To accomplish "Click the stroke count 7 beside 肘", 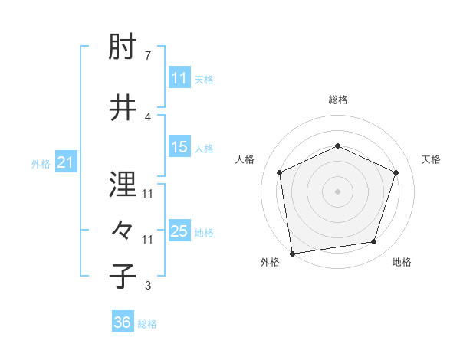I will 147,56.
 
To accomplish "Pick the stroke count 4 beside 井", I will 147,116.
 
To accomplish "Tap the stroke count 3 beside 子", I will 147,286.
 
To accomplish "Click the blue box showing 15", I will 179,147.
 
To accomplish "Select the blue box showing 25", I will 179,231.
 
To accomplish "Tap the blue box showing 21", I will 65,162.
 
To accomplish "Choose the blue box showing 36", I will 122,322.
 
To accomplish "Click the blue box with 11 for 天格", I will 179,78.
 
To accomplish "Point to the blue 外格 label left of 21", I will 41,163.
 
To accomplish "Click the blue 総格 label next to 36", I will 147,324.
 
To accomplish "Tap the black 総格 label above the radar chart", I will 337,100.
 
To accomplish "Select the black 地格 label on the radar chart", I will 402,262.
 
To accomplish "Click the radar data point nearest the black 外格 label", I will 292,253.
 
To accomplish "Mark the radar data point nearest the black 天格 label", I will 396,172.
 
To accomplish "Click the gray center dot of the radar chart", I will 337,191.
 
